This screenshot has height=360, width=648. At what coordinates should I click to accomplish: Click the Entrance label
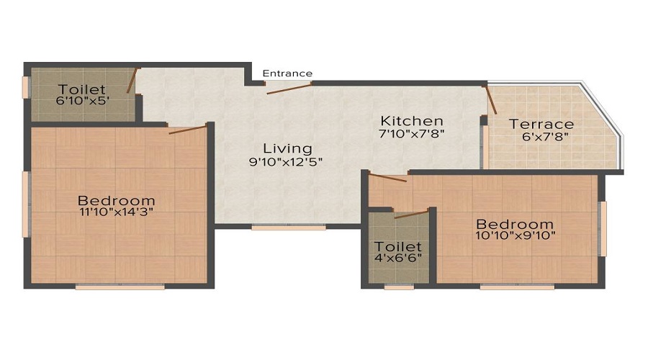pyautogui.click(x=287, y=73)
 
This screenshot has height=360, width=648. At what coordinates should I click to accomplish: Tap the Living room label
pyautogui.click(x=287, y=148)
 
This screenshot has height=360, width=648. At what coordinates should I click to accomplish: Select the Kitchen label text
pyautogui.click(x=412, y=121)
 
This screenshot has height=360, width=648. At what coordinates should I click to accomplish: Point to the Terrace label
pyautogui.click(x=541, y=124)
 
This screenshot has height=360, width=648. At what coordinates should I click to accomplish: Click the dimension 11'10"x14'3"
pyautogui.click(x=117, y=212)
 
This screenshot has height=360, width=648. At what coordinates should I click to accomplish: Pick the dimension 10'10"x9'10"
pyautogui.click(x=516, y=235)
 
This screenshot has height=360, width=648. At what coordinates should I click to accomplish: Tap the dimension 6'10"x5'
pyautogui.click(x=83, y=100)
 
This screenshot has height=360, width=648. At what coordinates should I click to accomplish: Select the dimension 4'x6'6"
pyautogui.click(x=398, y=258)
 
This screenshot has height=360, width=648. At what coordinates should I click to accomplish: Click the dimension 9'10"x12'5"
pyautogui.click(x=286, y=161)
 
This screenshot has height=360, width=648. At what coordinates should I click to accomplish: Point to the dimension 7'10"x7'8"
pyautogui.click(x=412, y=133)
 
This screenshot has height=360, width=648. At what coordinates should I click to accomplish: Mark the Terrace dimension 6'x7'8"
pyautogui.click(x=545, y=136)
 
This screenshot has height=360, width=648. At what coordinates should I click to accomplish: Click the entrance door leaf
pyautogui.click(x=289, y=89)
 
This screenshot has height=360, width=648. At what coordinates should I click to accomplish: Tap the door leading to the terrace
pyautogui.click(x=490, y=99)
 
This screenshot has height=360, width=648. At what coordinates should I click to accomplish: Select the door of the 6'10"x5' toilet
pyautogui.click(x=132, y=81)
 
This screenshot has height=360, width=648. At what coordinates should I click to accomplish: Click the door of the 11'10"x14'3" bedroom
pyautogui.click(x=187, y=130)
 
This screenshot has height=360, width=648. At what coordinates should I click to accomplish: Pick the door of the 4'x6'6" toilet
pyautogui.click(x=411, y=215)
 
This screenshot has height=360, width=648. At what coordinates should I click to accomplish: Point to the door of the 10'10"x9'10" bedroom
pyautogui.click(x=387, y=178)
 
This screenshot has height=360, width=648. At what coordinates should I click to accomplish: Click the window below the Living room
pyautogui.click(x=289, y=228)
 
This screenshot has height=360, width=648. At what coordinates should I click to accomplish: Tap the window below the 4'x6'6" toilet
pyautogui.click(x=399, y=287)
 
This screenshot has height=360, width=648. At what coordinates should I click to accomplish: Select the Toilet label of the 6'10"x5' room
pyautogui.click(x=82, y=89)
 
